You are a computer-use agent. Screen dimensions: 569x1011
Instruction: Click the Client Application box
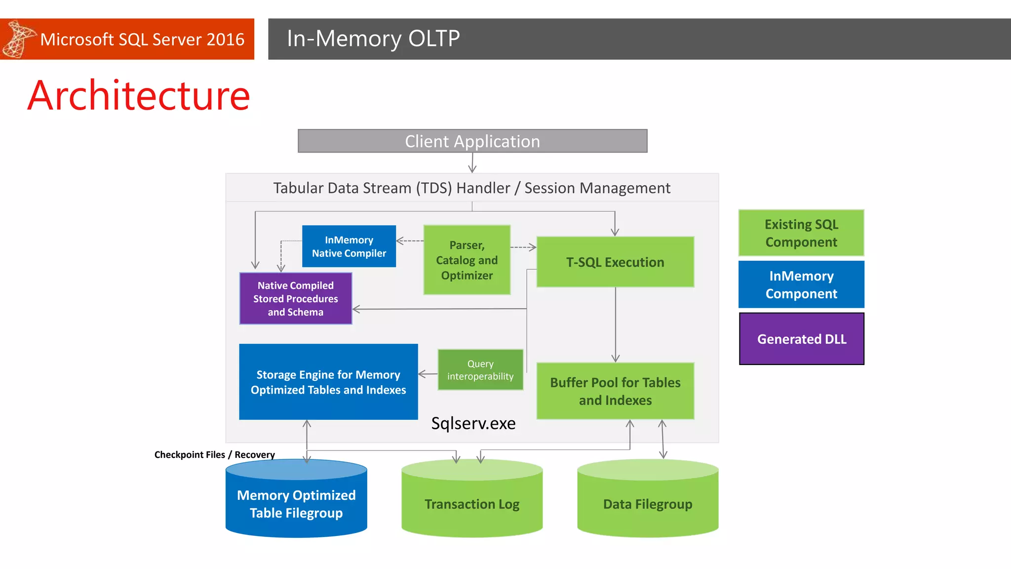pyautogui.click(x=472, y=141)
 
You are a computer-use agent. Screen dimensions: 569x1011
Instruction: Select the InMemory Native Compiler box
pyautogui.click(x=349, y=246)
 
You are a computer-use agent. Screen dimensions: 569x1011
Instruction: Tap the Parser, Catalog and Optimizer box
pyautogui.click(x=467, y=260)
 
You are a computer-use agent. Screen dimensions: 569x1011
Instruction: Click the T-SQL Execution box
pyautogui.click(x=615, y=262)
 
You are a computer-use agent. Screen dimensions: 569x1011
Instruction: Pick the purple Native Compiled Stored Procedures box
pyautogui.click(x=295, y=299)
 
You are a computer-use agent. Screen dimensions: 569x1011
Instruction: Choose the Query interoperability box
pyautogui.click(x=480, y=370)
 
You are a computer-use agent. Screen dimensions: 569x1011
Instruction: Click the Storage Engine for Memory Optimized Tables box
pyautogui.click(x=328, y=382)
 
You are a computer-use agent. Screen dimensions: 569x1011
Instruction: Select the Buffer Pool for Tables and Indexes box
pyautogui.click(x=615, y=391)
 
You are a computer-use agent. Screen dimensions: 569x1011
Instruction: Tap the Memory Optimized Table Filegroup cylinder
pyautogui.click(x=296, y=504)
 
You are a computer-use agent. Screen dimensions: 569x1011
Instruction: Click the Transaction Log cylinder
pyautogui.click(x=472, y=504)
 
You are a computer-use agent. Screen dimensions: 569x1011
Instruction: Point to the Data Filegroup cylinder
pyautogui.click(x=648, y=504)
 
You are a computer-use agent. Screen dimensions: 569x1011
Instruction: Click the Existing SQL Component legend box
pyautogui.click(x=801, y=233)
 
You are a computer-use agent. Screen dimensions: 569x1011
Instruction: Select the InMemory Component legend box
pyautogui.click(x=801, y=284)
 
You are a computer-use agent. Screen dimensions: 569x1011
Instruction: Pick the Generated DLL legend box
pyautogui.click(x=801, y=339)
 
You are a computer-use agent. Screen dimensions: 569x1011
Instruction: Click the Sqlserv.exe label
pyautogui.click(x=473, y=423)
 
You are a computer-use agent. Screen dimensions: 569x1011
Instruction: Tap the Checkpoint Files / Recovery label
pyautogui.click(x=214, y=454)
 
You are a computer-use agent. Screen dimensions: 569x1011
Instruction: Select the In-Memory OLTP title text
pyautogui.click(x=373, y=39)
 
